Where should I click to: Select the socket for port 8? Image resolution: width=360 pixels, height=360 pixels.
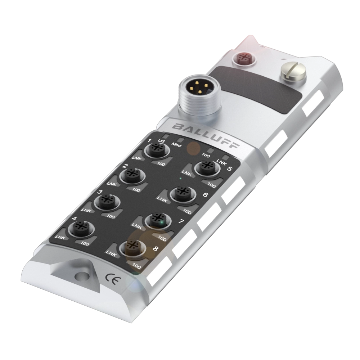pos(133,248)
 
